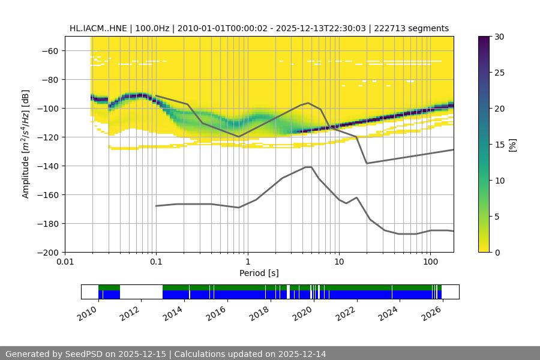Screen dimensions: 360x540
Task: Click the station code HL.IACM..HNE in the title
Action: click(x=97, y=28)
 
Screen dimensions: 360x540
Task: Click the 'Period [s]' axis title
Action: click(x=259, y=274)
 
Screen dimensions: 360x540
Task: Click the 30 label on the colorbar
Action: click(x=499, y=37)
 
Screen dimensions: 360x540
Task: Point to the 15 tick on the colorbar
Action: click(x=499, y=144)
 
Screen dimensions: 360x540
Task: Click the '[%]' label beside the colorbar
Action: click(x=512, y=144)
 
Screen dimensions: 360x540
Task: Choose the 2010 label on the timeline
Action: click(x=88, y=313)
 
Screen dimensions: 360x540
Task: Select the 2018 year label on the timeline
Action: click(x=260, y=313)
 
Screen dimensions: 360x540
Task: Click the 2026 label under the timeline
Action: click(x=432, y=313)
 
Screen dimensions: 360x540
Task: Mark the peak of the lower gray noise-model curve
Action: click(x=308, y=167)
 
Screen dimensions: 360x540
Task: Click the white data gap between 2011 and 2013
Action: click(x=141, y=292)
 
